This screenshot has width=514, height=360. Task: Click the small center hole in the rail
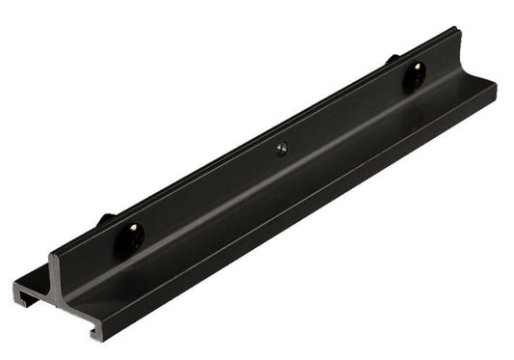pos(281,149)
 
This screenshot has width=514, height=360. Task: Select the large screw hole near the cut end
pos(132,236)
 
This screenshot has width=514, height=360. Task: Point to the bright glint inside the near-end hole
pos(133,231)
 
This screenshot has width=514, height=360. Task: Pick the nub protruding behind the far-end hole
pos(393,59)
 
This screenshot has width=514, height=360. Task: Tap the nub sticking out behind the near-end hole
pos(105,219)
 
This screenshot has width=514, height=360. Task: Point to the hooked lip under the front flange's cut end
pos(96,333)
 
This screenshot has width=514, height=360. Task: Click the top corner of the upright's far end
pos(454,30)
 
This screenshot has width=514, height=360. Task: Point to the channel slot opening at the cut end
pos(37,298)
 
